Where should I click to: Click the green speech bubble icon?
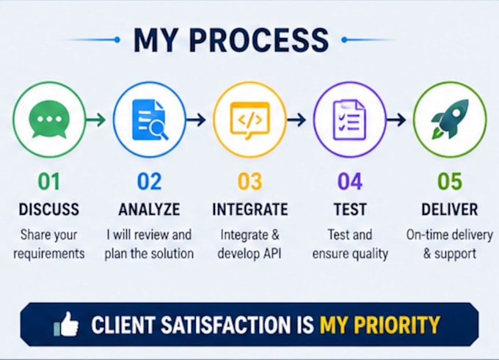[x=48, y=120]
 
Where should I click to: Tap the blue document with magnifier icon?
[x=150, y=120]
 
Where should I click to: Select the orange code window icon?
[x=249, y=120]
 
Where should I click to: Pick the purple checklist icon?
[x=349, y=120]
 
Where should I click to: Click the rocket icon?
[x=449, y=119]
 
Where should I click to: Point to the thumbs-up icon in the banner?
[x=67, y=324]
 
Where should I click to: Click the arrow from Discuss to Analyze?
[x=96, y=120]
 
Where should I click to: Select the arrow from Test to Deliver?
[x=396, y=120]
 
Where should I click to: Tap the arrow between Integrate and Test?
[x=296, y=120]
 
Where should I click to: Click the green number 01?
[x=48, y=182]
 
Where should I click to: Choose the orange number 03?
[x=249, y=182]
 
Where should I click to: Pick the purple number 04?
[x=350, y=182]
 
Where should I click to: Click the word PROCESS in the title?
[x=259, y=40]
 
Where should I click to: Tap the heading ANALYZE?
[x=149, y=209]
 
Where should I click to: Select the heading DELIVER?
[x=450, y=209]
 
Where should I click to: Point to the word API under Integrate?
[x=272, y=254]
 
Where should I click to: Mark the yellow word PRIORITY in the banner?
[x=397, y=325]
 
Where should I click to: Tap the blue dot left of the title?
[x=117, y=40]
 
